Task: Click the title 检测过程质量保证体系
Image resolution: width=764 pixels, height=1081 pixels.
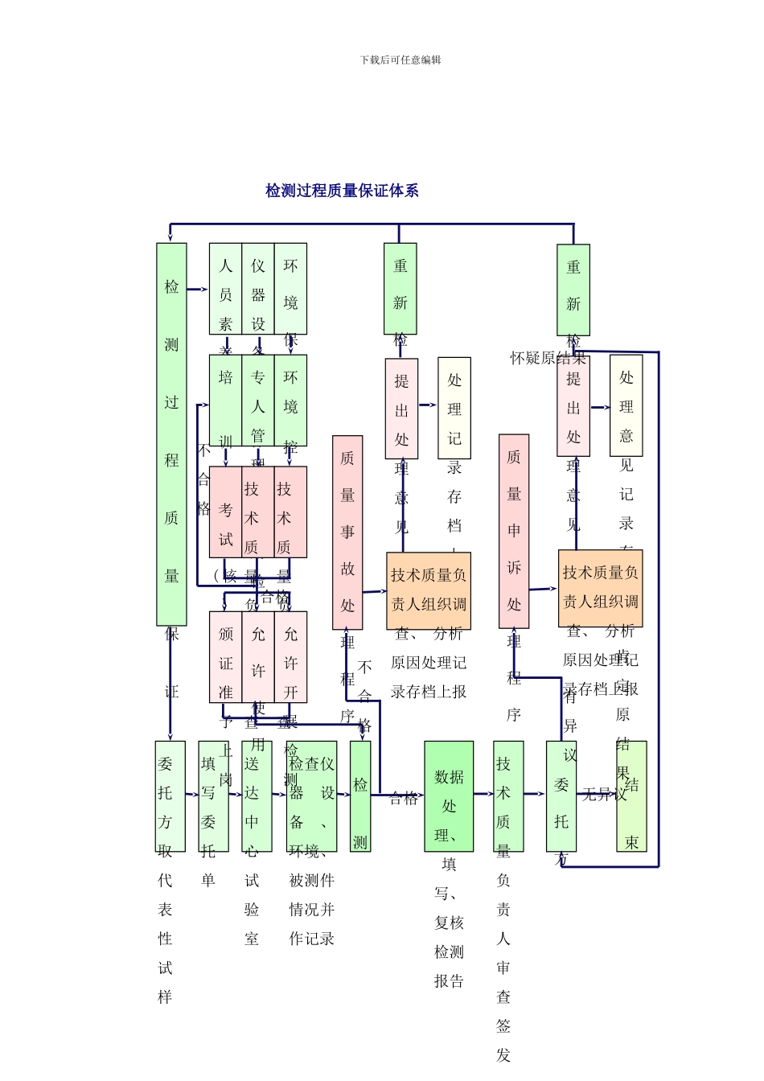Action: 342,191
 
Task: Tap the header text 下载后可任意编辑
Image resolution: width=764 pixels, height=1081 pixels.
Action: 400,60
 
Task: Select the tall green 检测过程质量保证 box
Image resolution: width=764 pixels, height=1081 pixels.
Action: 171,434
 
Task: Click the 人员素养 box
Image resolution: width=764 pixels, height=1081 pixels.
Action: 225,288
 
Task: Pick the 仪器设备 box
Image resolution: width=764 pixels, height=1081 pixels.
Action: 258,288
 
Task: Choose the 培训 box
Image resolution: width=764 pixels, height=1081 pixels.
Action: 225,401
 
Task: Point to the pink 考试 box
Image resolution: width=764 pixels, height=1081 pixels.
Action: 225,512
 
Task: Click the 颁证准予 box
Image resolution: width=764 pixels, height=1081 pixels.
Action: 225,656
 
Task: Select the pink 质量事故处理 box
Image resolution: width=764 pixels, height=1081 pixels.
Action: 347,532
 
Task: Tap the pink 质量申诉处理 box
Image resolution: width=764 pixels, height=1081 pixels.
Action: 514,531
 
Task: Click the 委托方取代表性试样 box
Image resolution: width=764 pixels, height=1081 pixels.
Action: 170,795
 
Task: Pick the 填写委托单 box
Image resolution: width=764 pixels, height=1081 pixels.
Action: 213,795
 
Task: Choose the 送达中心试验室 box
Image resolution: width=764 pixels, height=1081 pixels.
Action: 257,795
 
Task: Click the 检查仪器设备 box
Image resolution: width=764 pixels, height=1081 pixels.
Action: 311,795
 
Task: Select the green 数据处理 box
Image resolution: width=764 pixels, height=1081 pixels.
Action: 449,795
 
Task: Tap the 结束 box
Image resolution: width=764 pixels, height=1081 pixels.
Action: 631,795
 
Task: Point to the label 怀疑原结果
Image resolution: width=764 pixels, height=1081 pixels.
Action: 548,358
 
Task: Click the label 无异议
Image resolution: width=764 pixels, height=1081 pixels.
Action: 603,795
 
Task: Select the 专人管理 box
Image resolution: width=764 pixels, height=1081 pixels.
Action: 258,401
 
